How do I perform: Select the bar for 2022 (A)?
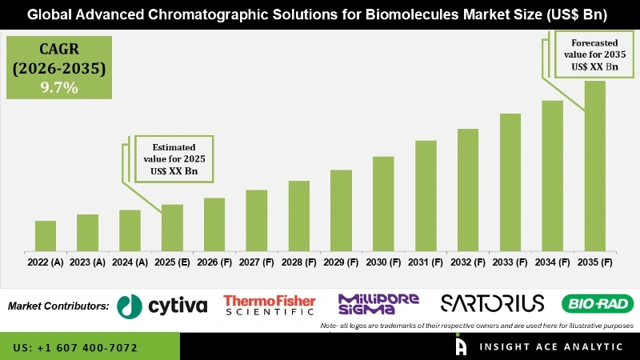pyautogui.click(x=46, y=234)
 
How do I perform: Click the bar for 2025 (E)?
pyautogui.click(x=172, y=226)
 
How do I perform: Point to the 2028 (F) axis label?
pyautogui.click(x=299, y=262)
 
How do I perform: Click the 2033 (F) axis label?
pyautogui.click(x=510, y=262)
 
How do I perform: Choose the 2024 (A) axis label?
pyautogui.click(x=130, y=262)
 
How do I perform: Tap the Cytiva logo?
pyautogui.click(x=162, y=305)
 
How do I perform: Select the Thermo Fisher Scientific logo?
pyautogui.click(x=270, y=305)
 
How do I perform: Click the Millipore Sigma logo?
pyautogui.click(x=378, y=304)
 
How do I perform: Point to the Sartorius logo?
pyautogui.click(x=493, y=303)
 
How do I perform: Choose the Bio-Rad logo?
pyautogui.click(x=598, y=304)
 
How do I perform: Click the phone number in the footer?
pyautogui.click(x=75, y=348)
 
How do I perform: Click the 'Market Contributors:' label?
pyautogui.click(x=58, y=306)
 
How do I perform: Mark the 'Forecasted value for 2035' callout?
pyautogui.click(x=593, y=55)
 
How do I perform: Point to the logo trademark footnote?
pyautogui.click(x=477, y=326)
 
